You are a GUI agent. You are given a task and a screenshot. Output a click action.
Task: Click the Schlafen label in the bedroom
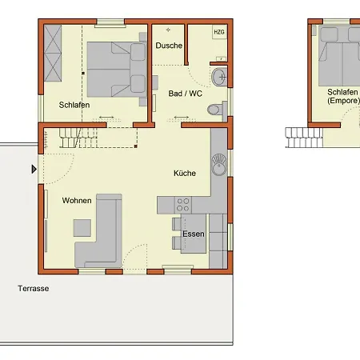tap(74, 105)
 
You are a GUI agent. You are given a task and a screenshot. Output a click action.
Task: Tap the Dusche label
tap(169, 46)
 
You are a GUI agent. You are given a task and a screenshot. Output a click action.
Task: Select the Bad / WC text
tap(186, 94)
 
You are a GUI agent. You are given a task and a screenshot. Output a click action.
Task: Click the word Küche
tap(185, 173)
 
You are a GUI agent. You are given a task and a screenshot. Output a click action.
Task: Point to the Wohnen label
tap(77, 200)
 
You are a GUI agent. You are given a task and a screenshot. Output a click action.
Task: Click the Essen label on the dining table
tap(194, 234)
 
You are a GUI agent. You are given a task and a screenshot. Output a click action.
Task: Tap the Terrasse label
tap(34, 288)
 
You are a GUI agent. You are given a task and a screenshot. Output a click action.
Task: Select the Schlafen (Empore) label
tap(343, 96)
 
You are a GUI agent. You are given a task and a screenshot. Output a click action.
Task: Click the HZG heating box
tap(219, 32)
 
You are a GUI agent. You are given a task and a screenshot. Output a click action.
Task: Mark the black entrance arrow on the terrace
tap(34, 169)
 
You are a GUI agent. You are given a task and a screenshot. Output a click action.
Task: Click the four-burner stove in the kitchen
tap(183, 205)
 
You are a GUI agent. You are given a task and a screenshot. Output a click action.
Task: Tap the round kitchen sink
tap(219, 165)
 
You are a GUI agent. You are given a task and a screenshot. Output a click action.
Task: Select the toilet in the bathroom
tap(217, 110)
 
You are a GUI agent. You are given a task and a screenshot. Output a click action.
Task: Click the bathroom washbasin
tap(219, 77)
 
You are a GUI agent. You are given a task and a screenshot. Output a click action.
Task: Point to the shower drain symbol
tap(168, 30)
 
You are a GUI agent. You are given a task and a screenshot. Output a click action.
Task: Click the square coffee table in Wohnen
tap(82, 228)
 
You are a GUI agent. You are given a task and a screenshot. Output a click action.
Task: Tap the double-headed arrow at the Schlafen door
tap(106, 117)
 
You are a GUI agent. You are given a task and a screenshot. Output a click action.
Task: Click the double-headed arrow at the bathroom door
tap(182, 117)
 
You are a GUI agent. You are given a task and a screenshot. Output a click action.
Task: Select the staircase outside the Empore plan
tap(304, 138)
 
